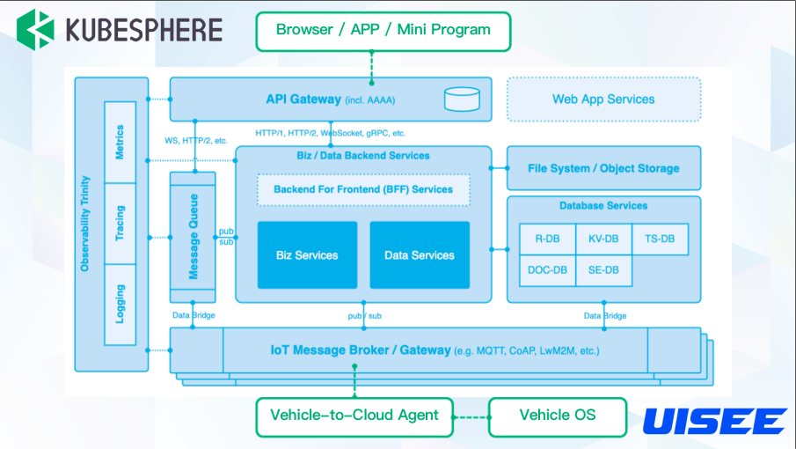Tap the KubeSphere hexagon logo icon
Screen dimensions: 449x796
tap(35, 29)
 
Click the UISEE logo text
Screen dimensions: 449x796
tap(713, 421)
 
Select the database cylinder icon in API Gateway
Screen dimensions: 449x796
tap(462, 99)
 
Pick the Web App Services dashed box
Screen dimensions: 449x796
tap(603, 99)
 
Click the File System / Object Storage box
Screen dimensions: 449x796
tap(603, 168)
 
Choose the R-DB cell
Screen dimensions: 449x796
tap(547, 239)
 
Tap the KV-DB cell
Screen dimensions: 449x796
tap(603, 239)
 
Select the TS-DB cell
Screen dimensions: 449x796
tap(660, 239)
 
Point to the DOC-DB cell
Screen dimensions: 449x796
tap(547, 270)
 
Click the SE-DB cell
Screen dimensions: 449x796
tap(603, 270)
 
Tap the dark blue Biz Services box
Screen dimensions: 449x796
tap(307, 255)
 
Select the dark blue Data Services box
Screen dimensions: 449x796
tap(420, 255)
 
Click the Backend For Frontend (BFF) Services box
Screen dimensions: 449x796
tap(363, 189)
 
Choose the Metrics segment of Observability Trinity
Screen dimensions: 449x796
tap(120, 143)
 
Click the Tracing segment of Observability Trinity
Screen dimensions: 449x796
tap(120, 224)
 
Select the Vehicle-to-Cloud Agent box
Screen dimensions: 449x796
tap(354, 416)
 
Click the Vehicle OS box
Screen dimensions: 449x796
tap(558, 416)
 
